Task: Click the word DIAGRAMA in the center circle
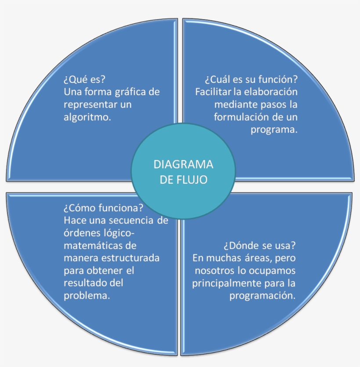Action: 184,164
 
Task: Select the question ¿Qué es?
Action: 85,80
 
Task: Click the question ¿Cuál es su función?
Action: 251,80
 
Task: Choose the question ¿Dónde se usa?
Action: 259,245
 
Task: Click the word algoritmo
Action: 86,118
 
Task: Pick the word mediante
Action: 234,105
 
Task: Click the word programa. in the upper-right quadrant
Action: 274,130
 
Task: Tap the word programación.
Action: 263,295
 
